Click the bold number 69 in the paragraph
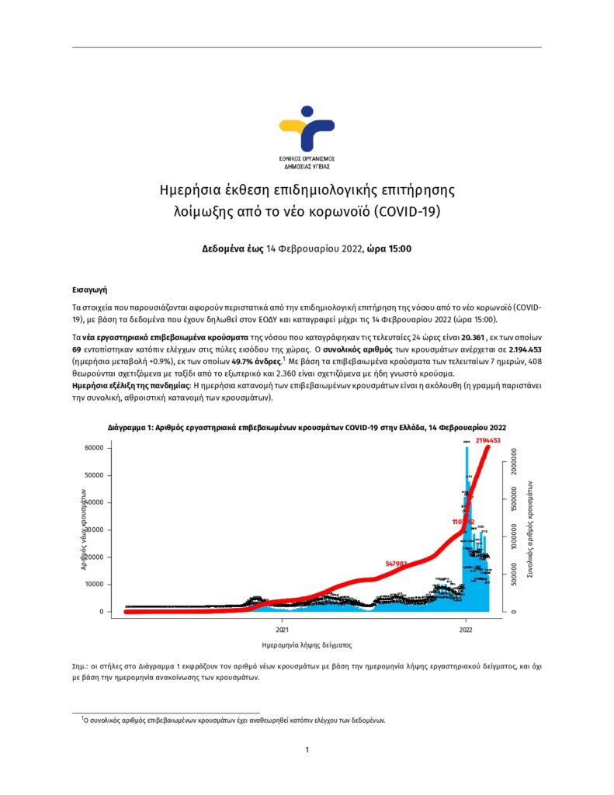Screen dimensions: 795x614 tap(77, 351)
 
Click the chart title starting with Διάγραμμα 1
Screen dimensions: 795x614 tap(307, 428)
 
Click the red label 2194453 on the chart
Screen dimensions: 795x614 tap(487, 440)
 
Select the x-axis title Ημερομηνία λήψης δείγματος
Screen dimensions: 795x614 tap(307, 645)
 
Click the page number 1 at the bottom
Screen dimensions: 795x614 tap(307, 749)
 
